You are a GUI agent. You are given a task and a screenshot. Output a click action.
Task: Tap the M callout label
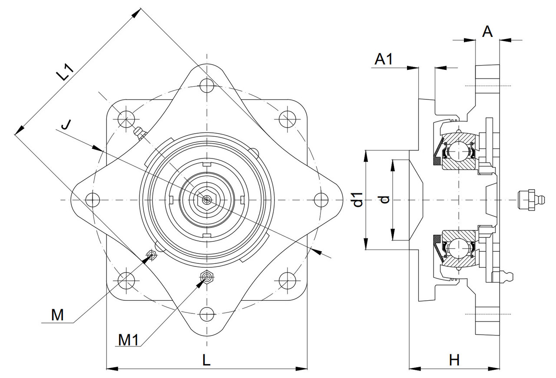pos(57,315)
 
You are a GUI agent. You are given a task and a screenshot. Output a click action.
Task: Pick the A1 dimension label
pos(384,59)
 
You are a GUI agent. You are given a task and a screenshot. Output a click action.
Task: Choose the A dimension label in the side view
pos(488,32)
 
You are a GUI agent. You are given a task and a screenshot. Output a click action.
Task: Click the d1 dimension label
pos(358,200)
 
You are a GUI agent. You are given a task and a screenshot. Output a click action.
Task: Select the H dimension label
pos(454,360)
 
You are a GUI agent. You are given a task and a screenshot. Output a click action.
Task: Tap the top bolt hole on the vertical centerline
pos(207,85)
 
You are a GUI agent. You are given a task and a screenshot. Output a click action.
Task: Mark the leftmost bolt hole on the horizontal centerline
pos(93,199)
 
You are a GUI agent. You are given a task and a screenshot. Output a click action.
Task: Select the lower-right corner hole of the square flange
pos(287,280)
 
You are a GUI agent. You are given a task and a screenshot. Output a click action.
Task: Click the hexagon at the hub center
pos(207,200)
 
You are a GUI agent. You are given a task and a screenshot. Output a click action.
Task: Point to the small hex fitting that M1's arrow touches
pos(207,276)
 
